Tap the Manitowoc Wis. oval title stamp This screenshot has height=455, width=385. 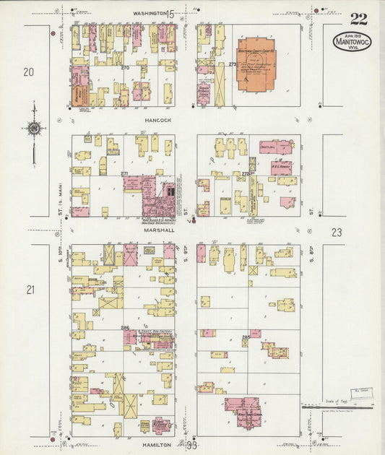point(352,41)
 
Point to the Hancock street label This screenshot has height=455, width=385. point(157,121)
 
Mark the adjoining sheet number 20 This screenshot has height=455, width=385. point(29,71)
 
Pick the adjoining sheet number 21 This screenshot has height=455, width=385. point(30,290)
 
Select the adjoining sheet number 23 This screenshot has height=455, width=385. point(337,232)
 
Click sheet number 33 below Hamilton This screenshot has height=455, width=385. point(191,446)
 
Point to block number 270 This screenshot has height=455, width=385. point(125,67)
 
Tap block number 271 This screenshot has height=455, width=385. point(124,174)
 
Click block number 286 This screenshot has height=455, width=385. point(125,328)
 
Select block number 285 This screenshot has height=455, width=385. point(246,337)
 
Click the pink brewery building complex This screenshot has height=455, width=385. point(157,198)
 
